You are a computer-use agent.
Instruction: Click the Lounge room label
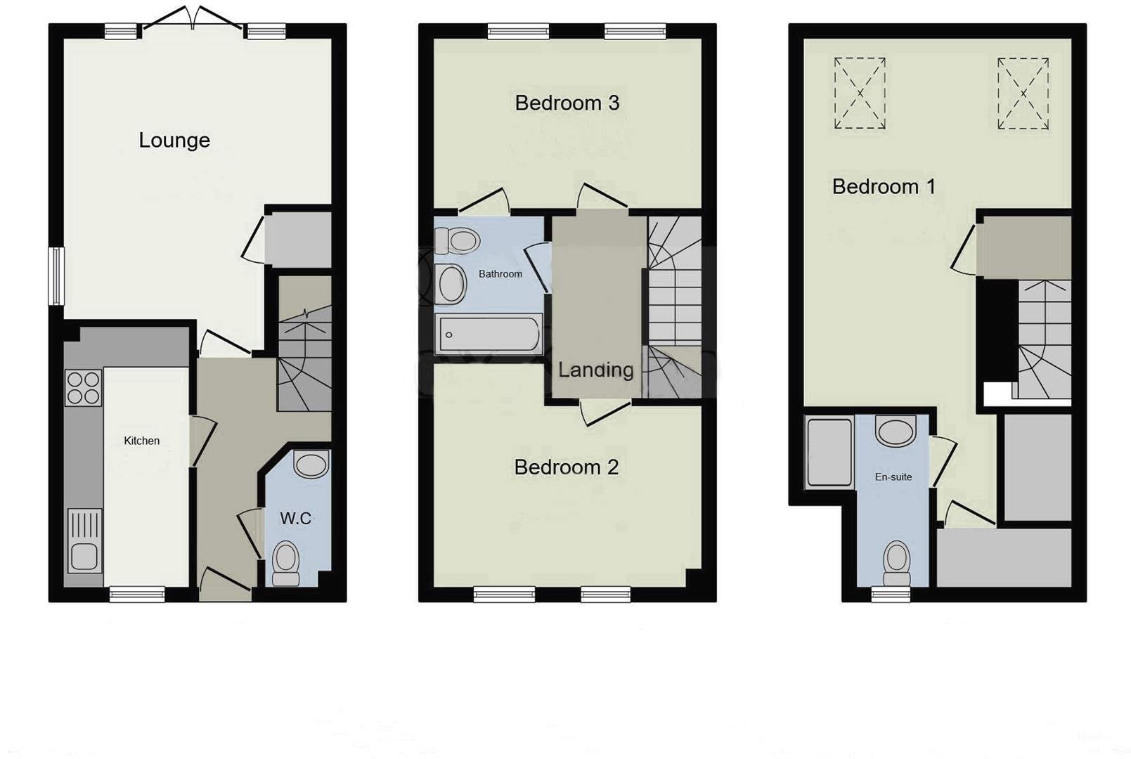point(174,141)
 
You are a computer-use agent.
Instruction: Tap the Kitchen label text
point(142,441)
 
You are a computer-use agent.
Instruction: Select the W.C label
point(295,519)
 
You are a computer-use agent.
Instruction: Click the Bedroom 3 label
point(567,103)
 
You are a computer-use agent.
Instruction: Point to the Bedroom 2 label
point(566,467)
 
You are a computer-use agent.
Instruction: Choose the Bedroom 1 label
point(884,187)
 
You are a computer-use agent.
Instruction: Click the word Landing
point(596,370)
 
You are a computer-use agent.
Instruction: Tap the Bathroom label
point(500,274)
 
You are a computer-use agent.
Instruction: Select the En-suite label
point(893,476)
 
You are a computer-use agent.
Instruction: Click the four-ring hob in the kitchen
point(83,388)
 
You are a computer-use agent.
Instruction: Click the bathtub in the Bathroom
point(489,334)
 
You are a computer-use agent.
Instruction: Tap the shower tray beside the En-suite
point(829,452)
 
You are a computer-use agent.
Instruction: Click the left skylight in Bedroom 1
point(860,93)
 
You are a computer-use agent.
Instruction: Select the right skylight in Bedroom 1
point(1023,93)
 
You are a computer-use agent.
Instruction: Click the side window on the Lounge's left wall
point(56,276)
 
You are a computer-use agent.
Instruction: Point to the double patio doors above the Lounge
point(193,21)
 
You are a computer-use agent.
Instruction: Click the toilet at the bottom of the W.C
point(285,562)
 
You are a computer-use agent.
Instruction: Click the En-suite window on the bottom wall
point(891,595)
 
